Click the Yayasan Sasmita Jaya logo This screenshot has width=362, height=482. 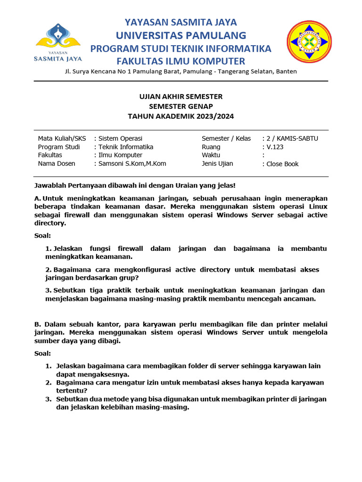tap(58, 42)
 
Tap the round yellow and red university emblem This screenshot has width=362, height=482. tap(309, 41)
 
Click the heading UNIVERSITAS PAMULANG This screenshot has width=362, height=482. tap(181, 35)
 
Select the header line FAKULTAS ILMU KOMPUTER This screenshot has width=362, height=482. tap(181, 61)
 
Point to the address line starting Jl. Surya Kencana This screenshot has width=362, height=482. tap(181, 72)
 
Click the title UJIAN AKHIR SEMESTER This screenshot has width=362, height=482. tap(181, 96)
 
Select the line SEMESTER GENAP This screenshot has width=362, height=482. tap(181, 106)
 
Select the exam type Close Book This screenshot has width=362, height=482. tap(282, 164)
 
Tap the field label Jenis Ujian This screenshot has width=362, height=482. tap(217, 164)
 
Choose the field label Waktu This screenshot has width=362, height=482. tap(211, 155)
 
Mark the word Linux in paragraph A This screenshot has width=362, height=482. tap(318, 207)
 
